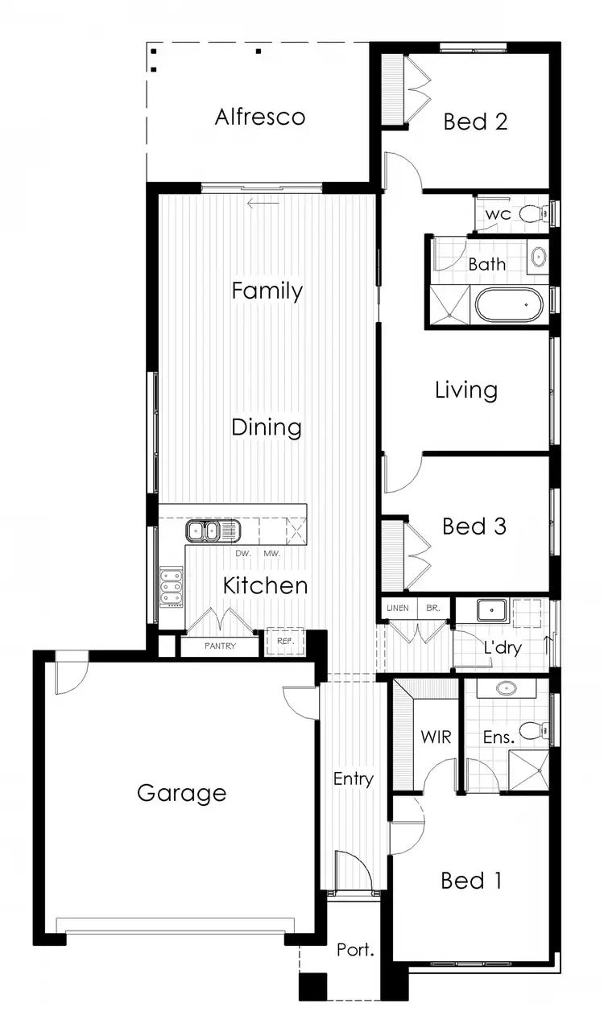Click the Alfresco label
coord(260,117)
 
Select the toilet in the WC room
coord(529,214)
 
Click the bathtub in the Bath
coord(511,306)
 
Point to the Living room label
coord(466,391)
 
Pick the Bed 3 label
coord(474,526)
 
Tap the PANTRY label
coord(219,646)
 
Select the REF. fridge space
coord(285,642)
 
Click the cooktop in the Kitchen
coord(172,586)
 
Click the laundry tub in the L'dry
coord(490,609)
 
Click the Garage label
coord(181,793)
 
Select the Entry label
coord(354,778)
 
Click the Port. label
coord(355,950)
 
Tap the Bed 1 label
coord(471,881)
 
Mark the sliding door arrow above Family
coord(263,203)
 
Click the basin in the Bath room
coord(538,258)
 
